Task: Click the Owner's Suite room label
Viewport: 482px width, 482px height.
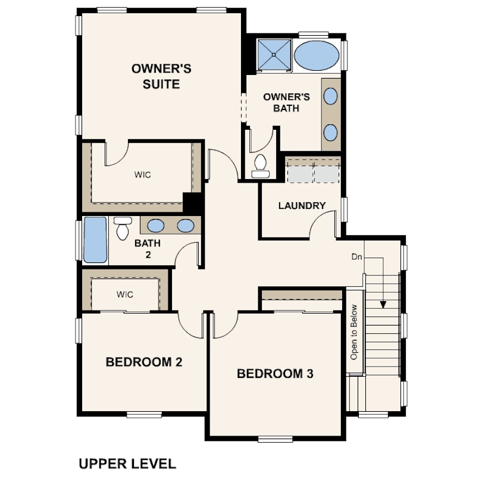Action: pos(161,76)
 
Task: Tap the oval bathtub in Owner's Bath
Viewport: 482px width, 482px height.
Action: pos(317,56)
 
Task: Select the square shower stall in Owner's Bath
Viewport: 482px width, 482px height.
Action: pos(274,55)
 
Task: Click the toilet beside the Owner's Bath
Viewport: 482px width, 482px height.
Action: pos(261,166)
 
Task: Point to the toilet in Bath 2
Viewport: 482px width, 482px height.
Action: pos(123,228)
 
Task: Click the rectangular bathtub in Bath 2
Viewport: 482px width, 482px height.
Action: pos(95,240)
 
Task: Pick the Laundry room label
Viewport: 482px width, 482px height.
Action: pos(302,206)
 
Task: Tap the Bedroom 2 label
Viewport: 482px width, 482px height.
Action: pos(144,362)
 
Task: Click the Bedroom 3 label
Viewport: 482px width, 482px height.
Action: pos(275,374)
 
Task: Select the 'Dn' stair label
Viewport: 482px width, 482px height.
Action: pos(356,256)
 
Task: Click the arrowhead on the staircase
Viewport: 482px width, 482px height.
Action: pos(383,304)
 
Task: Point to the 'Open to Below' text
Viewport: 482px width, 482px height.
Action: pos(354,332)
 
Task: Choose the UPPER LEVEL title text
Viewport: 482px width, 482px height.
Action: pos(127,464)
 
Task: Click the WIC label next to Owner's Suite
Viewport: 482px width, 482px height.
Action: pos(143,175)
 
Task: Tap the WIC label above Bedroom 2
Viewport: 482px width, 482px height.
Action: pos(125,295)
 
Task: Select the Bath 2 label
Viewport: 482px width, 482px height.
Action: pos(148,249)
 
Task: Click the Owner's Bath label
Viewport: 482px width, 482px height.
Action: pos(286,102)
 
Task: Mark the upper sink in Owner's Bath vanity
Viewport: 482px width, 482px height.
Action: pos(330,96)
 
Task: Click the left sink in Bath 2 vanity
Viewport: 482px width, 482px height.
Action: pos(155,226)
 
